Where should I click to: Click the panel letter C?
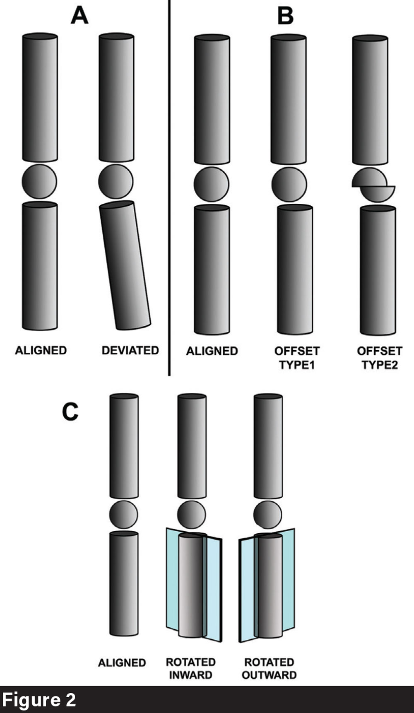point(70,412)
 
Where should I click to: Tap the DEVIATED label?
point(130,350)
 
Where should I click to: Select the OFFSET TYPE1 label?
point(297,358)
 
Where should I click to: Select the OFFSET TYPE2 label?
point(379,358)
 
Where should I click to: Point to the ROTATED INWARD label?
point(191,668)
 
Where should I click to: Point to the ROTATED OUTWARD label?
point(269,668)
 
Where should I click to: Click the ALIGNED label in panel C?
point(122,662)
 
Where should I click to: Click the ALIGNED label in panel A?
point(41,350)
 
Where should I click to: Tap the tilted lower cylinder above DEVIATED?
point(125,265)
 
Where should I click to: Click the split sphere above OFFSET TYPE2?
point(373,185)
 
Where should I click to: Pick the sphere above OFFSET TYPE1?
point(289,185)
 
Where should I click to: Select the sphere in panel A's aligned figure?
point(39,181)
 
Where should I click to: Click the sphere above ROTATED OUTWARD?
point(267,515)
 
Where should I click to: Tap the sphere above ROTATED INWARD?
point(191,515)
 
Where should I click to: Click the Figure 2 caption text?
point(39,700)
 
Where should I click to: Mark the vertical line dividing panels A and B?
point(169,186)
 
